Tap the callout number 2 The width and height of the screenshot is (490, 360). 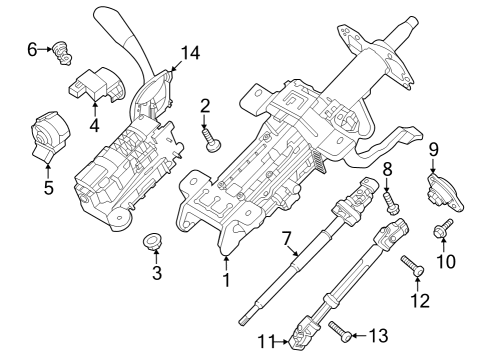click(x=204, y=105)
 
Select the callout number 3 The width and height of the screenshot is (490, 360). click(x=156, y=273)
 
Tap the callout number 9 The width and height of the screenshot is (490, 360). click(x=434, y=150)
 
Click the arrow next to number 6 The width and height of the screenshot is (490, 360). click(x=46, y=47)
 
